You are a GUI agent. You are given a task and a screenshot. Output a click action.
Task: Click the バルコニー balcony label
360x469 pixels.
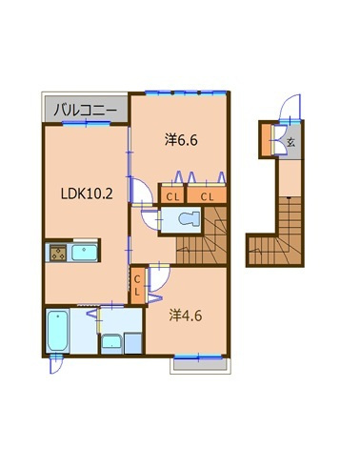85,111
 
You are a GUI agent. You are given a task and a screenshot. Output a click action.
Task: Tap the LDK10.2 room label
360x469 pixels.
87,194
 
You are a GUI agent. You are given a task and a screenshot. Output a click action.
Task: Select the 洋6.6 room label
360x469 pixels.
181,140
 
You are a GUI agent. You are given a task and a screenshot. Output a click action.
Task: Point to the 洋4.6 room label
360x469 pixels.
186,316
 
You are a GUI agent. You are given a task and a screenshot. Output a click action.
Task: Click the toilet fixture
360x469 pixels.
189,219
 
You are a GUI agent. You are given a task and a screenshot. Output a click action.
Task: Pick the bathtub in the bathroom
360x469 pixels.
57,331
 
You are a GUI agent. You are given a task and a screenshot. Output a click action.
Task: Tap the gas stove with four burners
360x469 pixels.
58,254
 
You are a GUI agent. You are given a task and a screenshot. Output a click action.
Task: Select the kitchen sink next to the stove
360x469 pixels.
84,253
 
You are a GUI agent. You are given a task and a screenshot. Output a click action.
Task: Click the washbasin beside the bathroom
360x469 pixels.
111,344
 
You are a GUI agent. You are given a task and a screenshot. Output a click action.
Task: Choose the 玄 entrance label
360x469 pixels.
291,142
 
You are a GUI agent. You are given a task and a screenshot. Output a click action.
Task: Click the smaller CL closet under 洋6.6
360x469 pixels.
172,197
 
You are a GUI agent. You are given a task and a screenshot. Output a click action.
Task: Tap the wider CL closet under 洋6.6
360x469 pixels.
207,197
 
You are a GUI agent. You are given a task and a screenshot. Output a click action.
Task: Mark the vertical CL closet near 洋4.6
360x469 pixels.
137,285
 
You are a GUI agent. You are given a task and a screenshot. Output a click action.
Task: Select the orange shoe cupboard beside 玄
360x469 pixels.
266,140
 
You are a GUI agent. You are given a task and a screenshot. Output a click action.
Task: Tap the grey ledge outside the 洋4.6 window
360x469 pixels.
201,365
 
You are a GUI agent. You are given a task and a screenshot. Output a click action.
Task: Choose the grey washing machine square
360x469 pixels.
132,343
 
